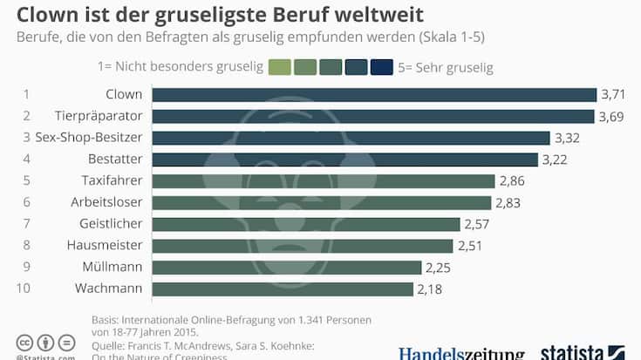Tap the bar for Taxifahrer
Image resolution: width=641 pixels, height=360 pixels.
(x=324, y=181)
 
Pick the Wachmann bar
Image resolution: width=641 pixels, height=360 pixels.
(x=283, y=289)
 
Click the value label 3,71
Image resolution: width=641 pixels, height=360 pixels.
(x=610, y=94)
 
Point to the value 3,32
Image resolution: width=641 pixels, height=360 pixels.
(x=568, y=138)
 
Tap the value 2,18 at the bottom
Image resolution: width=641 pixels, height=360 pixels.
(x=430, y=289)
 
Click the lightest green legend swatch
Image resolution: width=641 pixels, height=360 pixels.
(x=280, y=67)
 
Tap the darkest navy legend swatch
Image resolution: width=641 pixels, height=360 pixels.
(x=381, y=67)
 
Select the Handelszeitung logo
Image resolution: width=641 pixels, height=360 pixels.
(x=461, y=353)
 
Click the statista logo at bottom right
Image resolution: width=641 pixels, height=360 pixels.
(x=582, y=352)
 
